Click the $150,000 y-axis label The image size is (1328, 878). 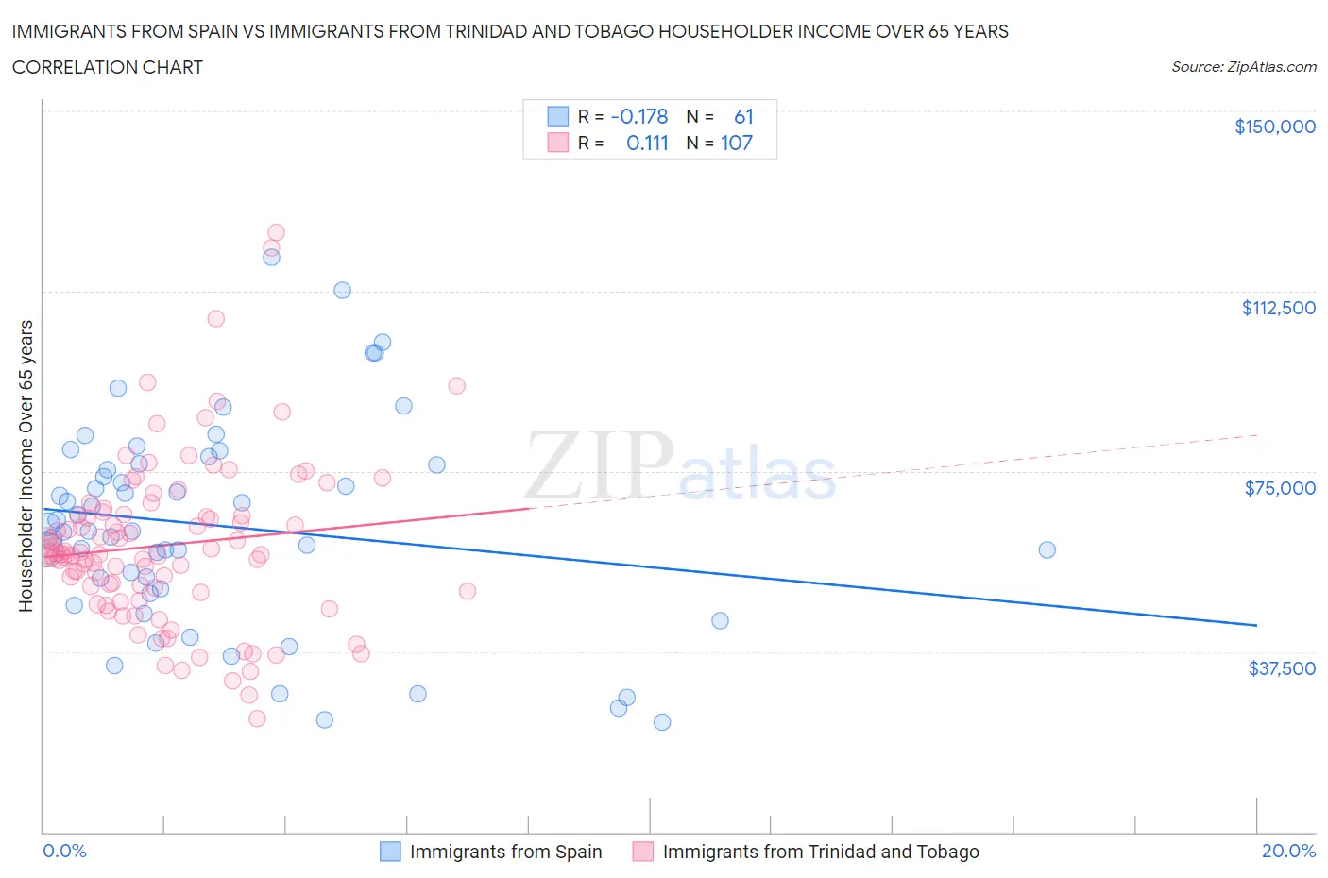(1274, 127)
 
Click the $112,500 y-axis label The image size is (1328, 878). (1278, 308)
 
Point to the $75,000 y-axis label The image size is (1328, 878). (1280, 488)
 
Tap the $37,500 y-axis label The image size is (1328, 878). (1281, 668)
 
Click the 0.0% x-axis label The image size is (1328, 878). (64, 851)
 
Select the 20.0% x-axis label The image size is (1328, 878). (1288, 851)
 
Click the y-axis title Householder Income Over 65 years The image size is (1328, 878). (26, 465)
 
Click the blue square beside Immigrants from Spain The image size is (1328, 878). (390, 852)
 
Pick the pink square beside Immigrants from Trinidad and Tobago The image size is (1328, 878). (643, 852)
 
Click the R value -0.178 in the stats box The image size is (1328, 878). (639, 116)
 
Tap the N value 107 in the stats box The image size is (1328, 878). (737, 143)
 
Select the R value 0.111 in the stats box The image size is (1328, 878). (647, 143)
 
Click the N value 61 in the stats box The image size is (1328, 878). (743, 116)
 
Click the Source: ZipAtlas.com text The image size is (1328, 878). (1243, 66)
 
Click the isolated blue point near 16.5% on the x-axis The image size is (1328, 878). (1047, 549)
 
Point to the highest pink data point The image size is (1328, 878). (276, 232)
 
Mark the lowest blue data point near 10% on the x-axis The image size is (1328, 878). (662, 722)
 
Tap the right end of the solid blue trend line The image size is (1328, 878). (1256, 625)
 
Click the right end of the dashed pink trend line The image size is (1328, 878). (1257, 435)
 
